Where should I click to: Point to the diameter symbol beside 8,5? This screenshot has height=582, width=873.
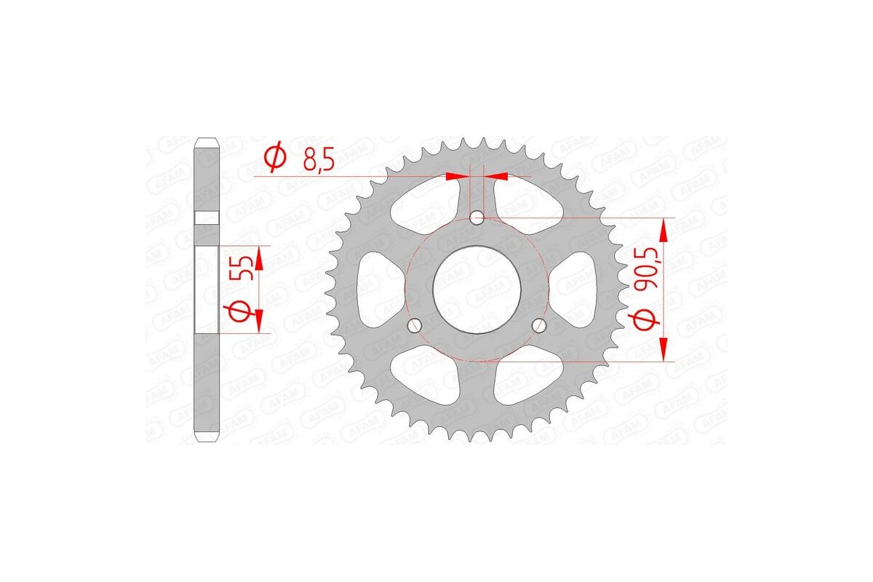pyautogui.click(x=275, y=158)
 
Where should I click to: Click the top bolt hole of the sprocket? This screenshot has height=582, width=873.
pyautogui.click(x=477, y=218)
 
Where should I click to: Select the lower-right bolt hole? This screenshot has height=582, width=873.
pyautogui.click(x=539, y=324)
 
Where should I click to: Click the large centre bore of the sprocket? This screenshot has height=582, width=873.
pyautogui.click(x=477, y=289)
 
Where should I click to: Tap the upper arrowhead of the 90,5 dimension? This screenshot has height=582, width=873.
pyautogui.click(x=663, y=230)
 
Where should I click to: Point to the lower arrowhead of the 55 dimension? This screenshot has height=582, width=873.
pyautogui.click(x=257, y=317)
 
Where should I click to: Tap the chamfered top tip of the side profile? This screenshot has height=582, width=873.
pyautogui.click(x=207, y=140)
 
